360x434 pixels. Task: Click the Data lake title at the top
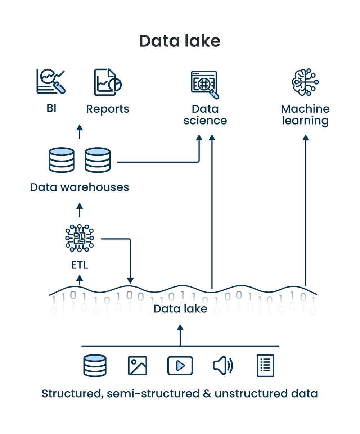coord(180,41)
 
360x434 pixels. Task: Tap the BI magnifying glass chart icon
coord(51,82)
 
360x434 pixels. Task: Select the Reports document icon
coord(107,82)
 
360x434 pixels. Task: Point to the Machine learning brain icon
coord(305,82)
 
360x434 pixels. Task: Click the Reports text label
coord(108,109)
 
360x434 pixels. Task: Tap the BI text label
coord(51,108)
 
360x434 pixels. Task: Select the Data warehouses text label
coord(80,187)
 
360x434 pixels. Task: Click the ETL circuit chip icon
coord(80,238)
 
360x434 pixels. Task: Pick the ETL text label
coord(80,265)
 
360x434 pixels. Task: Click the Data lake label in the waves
coord(180,309)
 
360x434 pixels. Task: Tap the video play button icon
coord(180,366)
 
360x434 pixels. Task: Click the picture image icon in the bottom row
coord(138,366)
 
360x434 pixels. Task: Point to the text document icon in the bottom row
coord(265,366)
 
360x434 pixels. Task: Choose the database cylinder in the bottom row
coord(95,366)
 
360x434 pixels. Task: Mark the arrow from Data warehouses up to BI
coord(80,131)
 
